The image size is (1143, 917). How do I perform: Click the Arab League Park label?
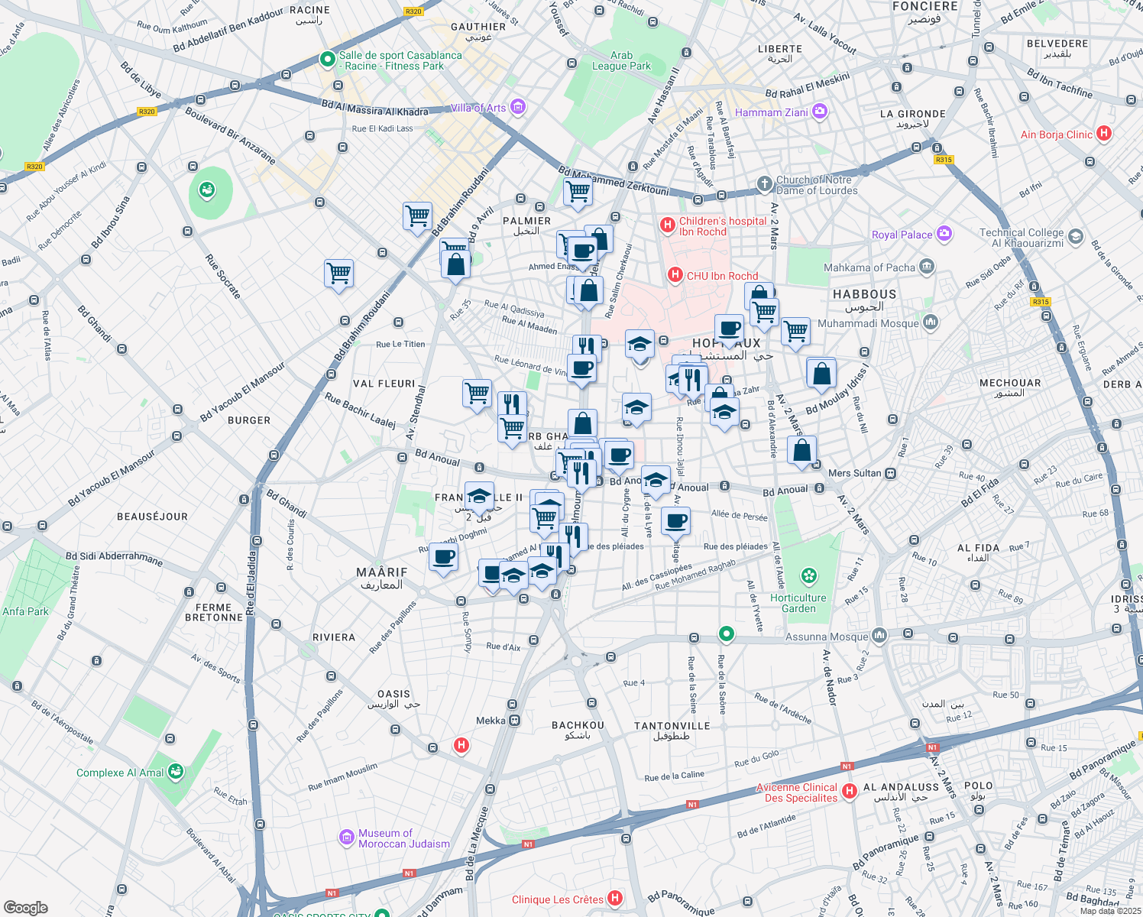621,60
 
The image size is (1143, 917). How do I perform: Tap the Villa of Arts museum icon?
518,107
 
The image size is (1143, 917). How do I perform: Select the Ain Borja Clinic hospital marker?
1103,134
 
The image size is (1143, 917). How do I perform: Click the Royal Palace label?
902,235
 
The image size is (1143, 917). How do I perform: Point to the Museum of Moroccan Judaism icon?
347,838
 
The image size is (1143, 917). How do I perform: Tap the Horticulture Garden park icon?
809,575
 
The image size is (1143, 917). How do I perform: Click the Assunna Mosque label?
827,637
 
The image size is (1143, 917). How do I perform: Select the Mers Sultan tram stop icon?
891,473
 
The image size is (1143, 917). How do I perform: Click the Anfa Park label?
25,611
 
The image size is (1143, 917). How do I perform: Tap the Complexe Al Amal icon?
176,772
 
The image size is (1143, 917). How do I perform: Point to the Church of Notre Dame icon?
764,184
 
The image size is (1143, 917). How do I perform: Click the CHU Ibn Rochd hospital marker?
675,275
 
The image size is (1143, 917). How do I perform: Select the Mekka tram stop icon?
515,720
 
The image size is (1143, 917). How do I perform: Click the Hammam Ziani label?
771,112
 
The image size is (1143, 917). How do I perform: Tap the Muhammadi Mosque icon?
930,322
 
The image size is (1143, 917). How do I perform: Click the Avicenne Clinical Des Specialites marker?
850,792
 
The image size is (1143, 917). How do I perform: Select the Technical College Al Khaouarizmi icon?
1076,237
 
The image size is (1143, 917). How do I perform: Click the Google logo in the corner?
25,907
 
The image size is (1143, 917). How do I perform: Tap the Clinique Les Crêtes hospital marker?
615,899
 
